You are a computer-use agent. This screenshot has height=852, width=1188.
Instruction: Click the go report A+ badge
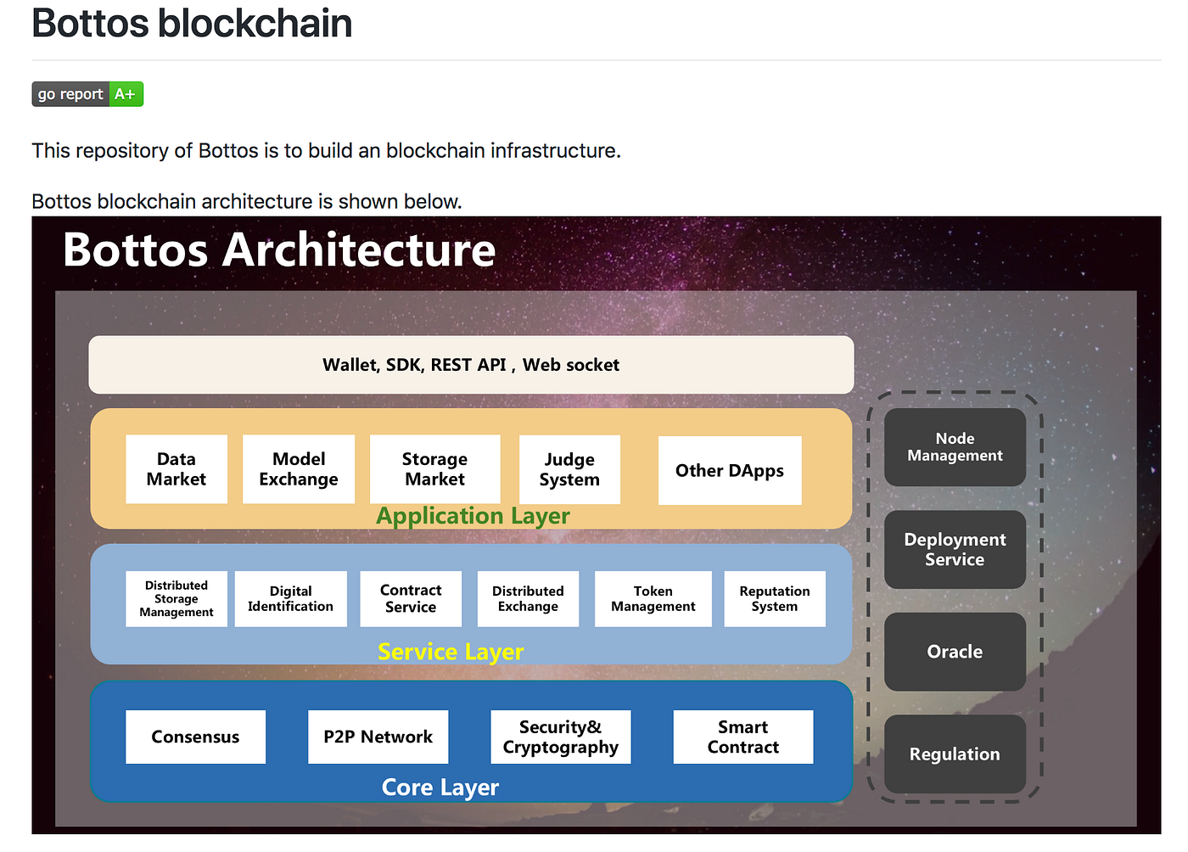87,94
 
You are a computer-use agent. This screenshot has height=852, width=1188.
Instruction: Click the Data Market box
177,469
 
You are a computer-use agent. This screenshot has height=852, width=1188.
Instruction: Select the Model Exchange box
299,469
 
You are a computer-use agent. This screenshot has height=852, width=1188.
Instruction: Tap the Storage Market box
434,469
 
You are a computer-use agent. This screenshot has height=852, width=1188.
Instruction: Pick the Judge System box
569,470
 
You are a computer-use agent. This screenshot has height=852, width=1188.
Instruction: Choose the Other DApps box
730,471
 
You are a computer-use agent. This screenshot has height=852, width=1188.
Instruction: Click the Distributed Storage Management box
177,599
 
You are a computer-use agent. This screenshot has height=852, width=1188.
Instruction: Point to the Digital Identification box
290,599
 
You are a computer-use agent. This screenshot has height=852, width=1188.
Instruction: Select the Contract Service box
411,599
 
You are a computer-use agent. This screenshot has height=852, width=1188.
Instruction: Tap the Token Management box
653,599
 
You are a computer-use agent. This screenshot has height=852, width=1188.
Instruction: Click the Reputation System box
775,599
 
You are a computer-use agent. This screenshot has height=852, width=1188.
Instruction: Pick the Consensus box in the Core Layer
195,737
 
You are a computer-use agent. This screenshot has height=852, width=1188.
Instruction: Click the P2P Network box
378,737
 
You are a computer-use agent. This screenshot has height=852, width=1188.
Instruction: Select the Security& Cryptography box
560,737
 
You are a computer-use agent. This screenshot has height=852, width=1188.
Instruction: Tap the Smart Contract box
743,737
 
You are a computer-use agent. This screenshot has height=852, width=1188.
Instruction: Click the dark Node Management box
955,447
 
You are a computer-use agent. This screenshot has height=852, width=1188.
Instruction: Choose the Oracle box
955,652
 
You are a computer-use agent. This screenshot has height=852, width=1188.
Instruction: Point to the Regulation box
955,754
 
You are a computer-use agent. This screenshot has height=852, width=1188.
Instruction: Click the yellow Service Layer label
451,652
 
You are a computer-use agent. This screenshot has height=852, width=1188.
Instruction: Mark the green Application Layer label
473,516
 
